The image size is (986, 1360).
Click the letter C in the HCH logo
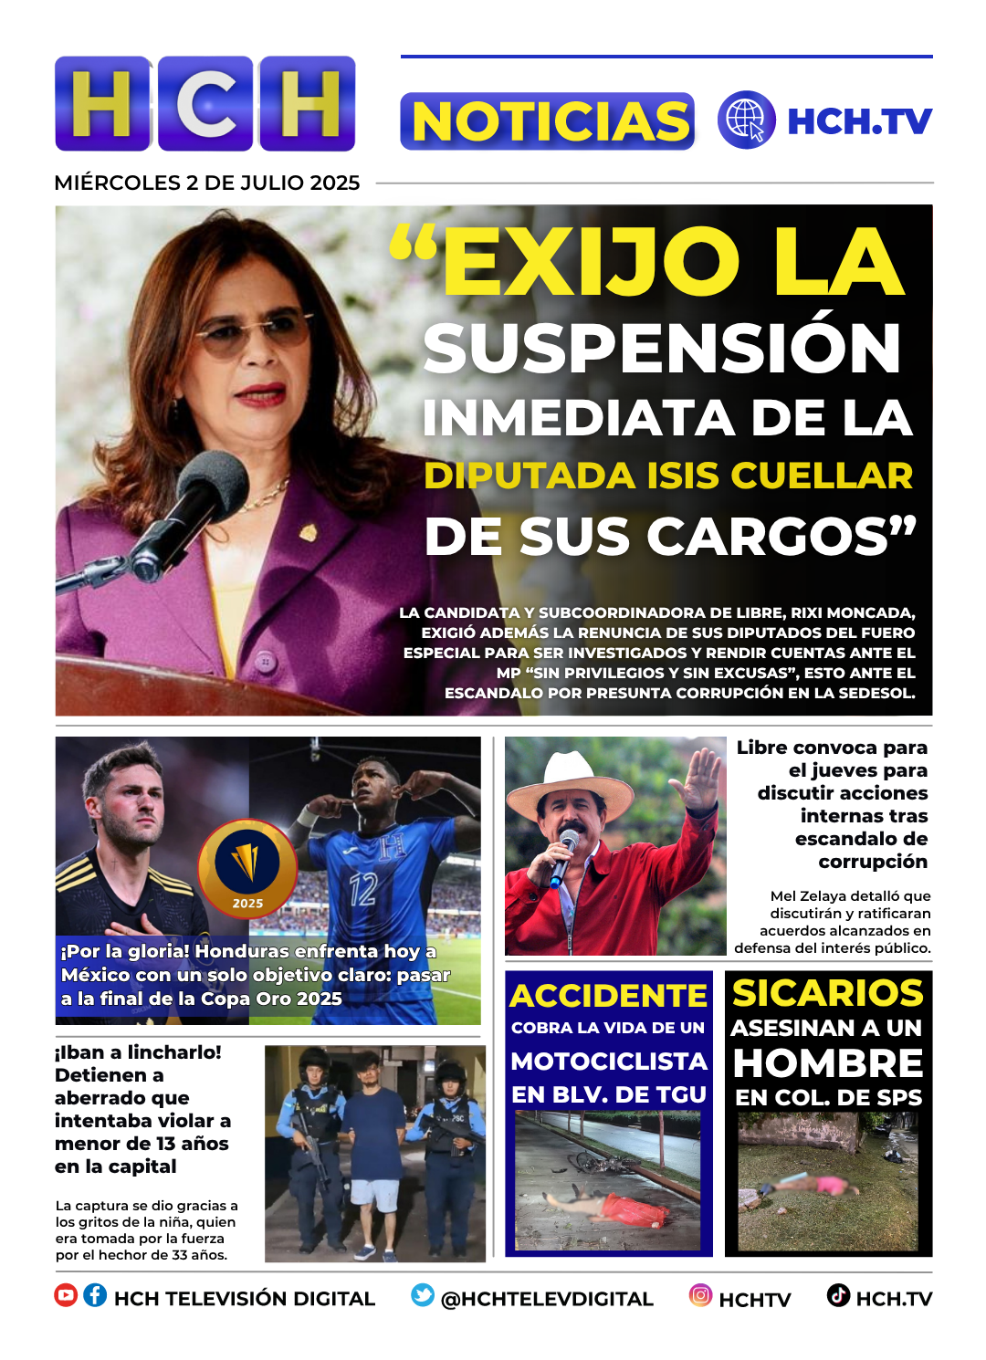tap(205, 103)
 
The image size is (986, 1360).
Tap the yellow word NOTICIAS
tap(548, 121)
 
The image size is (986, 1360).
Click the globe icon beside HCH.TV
tap(746, 120)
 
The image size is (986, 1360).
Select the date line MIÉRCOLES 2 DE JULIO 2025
tap(207, 183)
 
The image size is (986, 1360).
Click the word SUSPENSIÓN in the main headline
tap(663, 349)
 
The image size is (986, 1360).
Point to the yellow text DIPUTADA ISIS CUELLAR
tap(668, 476)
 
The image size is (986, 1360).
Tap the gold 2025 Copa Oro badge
tap(247, 867)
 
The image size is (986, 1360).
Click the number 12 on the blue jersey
tap(362, 887)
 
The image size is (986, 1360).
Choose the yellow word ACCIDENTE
tap(608, 995)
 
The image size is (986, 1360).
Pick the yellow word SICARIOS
tap(828, 993)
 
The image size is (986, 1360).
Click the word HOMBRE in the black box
tap(828, 1063)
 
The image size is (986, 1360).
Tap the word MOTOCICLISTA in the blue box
tap(609, 1061)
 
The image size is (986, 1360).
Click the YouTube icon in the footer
tap(66, 1295)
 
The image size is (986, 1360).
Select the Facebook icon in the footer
tap(95, 1295)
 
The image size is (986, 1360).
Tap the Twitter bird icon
tap(423, 1295)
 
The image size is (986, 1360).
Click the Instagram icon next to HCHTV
tap(700, 1295)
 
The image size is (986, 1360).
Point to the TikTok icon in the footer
tap(838, 1295)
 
